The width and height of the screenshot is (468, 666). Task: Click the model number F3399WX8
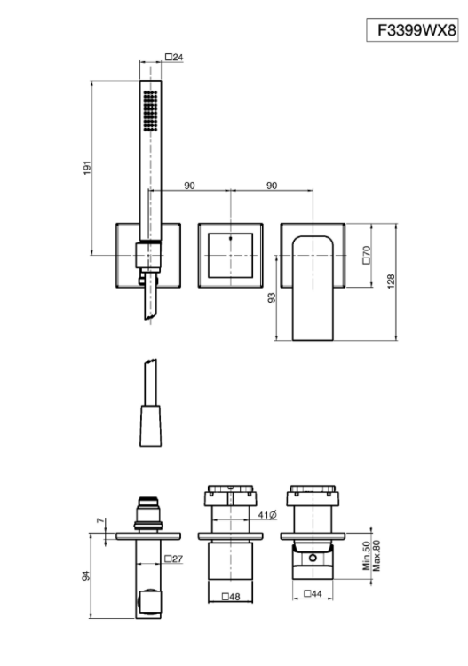pos(416,30)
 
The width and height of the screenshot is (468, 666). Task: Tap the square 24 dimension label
pos(174,57)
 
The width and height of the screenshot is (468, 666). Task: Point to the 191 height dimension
pos(87,168)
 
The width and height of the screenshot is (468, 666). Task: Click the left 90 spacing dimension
pos(189,186)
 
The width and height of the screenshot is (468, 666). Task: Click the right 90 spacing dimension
pos(272,186)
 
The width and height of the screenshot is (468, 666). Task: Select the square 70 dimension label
pos(367,255)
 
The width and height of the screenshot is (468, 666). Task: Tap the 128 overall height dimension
pos(391,281)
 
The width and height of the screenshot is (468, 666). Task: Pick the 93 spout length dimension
pos(272,297)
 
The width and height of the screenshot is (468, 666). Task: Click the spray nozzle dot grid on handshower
pos(150,110)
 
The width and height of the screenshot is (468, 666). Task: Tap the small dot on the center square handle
pos(231,238)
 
